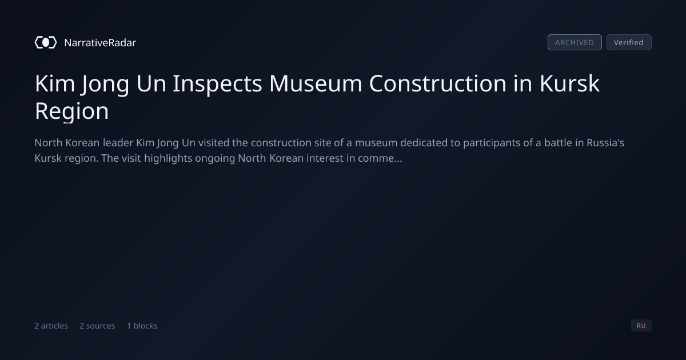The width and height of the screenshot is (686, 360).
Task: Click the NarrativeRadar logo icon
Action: pyautogui.click(x=46, y=42)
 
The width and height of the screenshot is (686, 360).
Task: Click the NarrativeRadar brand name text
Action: pyautogui.click(x=100, y=43)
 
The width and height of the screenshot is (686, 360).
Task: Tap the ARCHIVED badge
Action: pyautogui.click(x=575, y=42)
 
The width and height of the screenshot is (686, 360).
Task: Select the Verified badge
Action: pyautogui.click(x=629, y=42)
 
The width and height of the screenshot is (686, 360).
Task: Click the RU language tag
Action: pyautogui.click(x=641, y=325)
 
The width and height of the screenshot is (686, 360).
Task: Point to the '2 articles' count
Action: pyautogui.click(x=51, y=326)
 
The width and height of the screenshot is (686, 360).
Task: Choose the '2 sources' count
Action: pyautogui.click(x=97, y=326)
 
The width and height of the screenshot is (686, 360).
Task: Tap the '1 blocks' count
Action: pyautogui.click(x=142, y=326)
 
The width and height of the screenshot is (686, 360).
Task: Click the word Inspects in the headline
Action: pyautogui.click(x=217, y=84)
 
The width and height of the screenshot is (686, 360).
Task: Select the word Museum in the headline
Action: pyautogui.click(x=316, y=83)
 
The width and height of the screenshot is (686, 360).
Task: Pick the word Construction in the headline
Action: pyautogui.click(x=438, y=83)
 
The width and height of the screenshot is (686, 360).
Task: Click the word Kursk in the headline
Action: pyautogui.click(x=569, y=83)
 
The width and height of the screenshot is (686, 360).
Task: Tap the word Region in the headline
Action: pyautogui.click(x=71, y=111)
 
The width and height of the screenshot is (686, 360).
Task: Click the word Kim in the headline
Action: pyautogui.click(x=55, y=83)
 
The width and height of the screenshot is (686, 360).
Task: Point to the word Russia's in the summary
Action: pyautogui.click(x=605, y=143)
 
